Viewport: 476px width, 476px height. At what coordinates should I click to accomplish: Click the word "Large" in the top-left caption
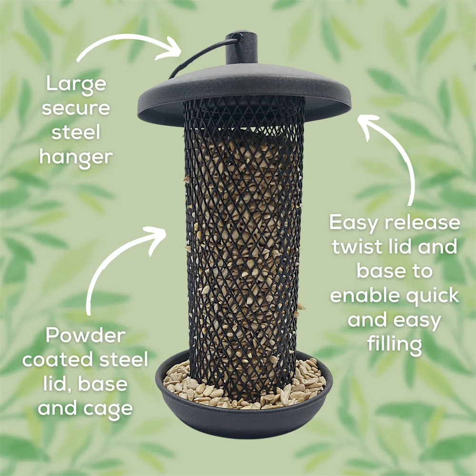tap(76, 85)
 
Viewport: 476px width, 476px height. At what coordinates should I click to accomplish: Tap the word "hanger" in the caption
tap(76, 157)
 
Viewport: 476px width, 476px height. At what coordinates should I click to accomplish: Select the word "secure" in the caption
tap(76, 109)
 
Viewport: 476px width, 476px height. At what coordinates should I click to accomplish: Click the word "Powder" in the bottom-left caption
tap(86, 336)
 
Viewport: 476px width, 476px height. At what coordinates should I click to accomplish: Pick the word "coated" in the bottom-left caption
tap(57, 360)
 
